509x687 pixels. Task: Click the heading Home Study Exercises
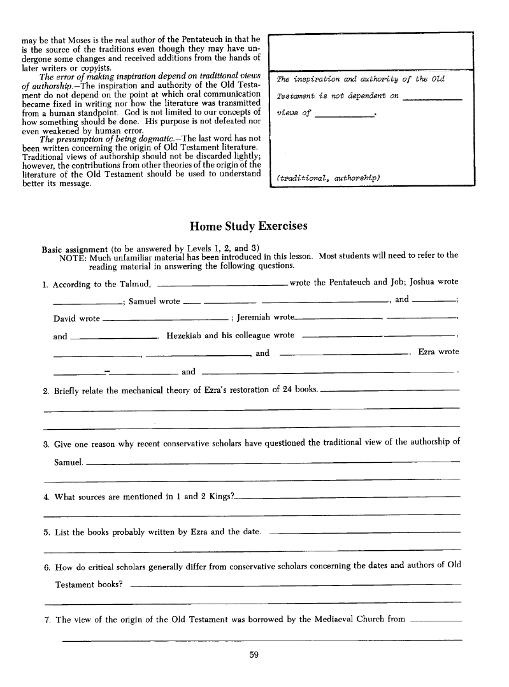coord(248,226)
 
